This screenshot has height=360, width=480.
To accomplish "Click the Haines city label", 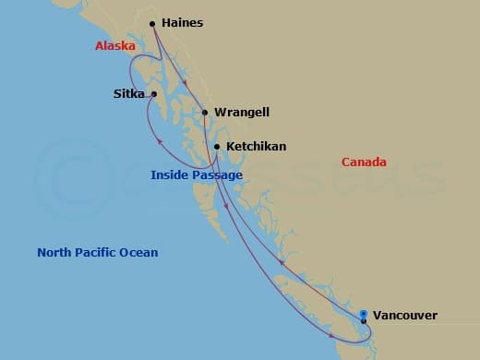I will click(x=182, y=22).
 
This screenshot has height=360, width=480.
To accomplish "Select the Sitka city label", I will click(x=128, y=93).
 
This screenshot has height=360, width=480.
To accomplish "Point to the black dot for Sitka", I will click(x=154, y=93).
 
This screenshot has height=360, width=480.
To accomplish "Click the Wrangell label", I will click(x=241, y=113).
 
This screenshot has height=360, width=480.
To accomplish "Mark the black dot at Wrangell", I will click(x=205, y=113).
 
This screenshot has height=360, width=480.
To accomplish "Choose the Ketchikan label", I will click(x=256, y=146).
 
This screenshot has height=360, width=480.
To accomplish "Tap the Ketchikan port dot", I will click(x=217, y=146).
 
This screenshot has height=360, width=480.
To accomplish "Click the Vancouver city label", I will click(x=406, y=316).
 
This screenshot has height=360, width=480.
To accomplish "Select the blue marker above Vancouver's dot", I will click(x=364, y=314).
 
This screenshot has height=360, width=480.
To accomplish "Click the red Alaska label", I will click(x=115, y=46).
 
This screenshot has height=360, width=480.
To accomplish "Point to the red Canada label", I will click(x=364, y=162).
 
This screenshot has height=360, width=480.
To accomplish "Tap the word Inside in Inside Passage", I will click(x=171, y=175).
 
